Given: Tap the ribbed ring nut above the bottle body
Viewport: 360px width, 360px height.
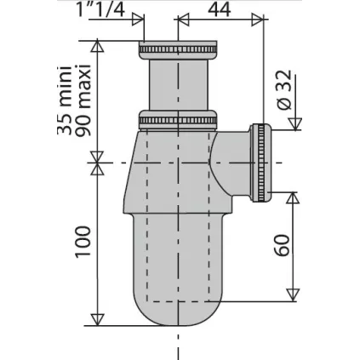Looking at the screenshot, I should tap(179, 118).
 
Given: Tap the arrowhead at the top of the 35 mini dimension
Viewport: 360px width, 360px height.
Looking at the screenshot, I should tap(98, 49).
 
